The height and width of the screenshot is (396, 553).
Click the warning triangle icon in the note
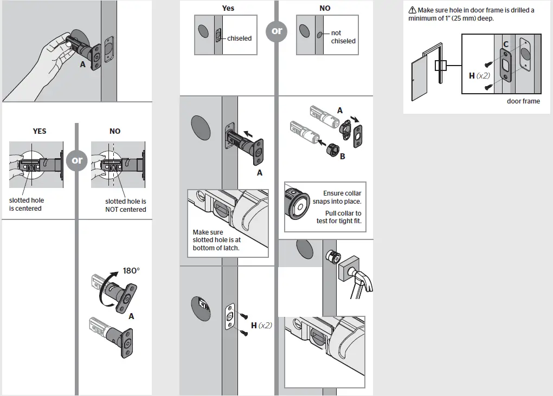(412, 10)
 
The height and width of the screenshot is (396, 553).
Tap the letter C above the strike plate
(505, 44)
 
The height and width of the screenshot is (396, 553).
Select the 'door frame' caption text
(523, 101)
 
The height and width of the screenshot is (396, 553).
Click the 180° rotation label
(131, 271)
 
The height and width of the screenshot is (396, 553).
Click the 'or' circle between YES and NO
(77, 160)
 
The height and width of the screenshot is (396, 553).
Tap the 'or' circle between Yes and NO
(277, 31)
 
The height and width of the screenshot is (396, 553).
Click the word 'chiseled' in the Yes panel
(239, 38)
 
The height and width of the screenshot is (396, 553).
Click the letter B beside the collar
(342, 157)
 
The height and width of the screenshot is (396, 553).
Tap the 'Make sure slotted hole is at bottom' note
(216, 240)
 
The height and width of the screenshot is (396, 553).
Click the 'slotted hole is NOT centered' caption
(125, 205)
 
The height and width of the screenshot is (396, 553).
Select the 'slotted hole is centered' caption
(26, 204)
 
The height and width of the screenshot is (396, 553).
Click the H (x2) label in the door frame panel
(479, 76)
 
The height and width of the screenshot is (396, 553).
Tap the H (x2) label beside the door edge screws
(261, 326)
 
